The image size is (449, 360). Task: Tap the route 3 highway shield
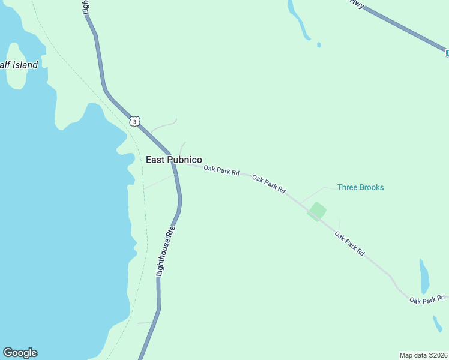(x=135, y=121)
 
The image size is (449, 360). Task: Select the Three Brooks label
(x=360, y=187)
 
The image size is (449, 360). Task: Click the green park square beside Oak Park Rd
(x=317, y=211)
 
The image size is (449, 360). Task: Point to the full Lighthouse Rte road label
(x=166, y=251)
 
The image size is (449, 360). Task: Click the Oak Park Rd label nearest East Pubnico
(x=221, y=171)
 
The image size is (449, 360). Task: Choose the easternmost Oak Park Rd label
(x=427, y=298)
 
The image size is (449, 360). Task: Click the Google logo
(x=20, y=353)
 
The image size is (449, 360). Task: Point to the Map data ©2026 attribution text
(x=423, y=355)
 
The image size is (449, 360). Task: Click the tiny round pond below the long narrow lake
(x=318, y=44)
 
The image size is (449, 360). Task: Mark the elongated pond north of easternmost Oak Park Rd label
(x=424, y=276)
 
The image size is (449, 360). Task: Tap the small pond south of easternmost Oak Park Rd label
(x=437, y=324)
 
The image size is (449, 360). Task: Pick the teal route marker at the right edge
(x=447, y=53)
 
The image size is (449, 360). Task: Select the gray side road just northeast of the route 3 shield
(x=163, y=125)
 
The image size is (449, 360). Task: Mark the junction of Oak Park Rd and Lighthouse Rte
(x=178, y=164)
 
